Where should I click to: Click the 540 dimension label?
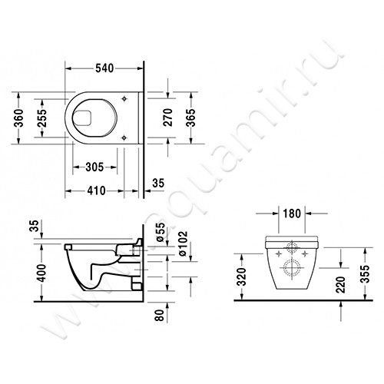(104, 68)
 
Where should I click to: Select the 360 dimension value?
(18, 118)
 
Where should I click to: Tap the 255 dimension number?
(42, 118)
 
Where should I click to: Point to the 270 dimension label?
(168, 118)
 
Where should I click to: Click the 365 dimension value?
(190, 118)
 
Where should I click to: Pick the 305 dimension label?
(94, 167)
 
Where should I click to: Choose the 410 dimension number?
(96, 190)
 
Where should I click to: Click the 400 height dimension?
(41, 273)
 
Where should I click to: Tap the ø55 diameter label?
(160, 232)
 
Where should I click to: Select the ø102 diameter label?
(183, 243)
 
